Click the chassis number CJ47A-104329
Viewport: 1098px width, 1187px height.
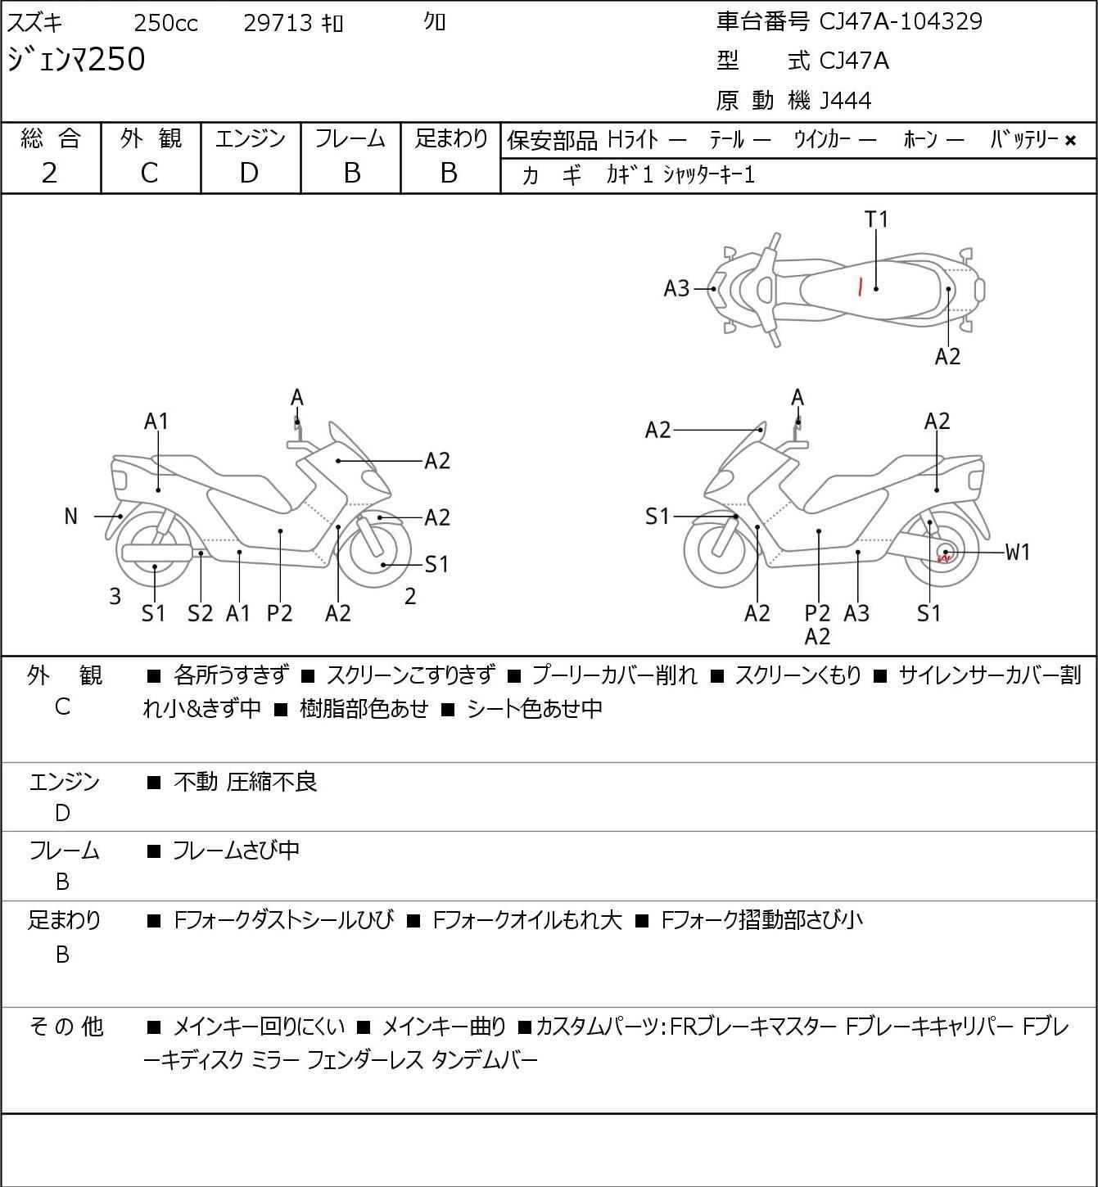coord(901,21)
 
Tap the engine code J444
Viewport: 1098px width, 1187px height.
coord(846,101)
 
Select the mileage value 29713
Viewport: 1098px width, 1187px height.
coord(278,23)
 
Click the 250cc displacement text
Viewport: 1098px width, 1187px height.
coord(165,23)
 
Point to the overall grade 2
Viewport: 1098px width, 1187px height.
coord(50,173)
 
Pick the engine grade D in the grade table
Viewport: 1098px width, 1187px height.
coord(249,173)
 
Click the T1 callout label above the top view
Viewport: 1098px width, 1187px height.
coord(876,219)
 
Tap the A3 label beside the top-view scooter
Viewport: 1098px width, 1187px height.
coord(676,288)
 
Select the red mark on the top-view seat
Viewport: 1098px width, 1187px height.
coord(860,287)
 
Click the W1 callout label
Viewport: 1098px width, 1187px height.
coord(1017,553)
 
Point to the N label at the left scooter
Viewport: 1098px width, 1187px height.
coord(71,517)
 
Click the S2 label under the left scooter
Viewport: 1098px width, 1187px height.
coord(200,613)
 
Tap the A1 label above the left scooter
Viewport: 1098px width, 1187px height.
coord(156,422)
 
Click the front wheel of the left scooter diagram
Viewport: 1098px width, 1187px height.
coord(378,548)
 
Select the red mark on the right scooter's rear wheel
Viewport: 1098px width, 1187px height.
coord(943,558)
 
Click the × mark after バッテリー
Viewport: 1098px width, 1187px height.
coord(1070,141)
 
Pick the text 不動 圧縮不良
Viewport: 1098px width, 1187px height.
coord(245,782)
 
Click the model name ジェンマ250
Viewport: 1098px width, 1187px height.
coord(76,60)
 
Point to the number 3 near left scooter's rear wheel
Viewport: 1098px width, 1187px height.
coord(115,597)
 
